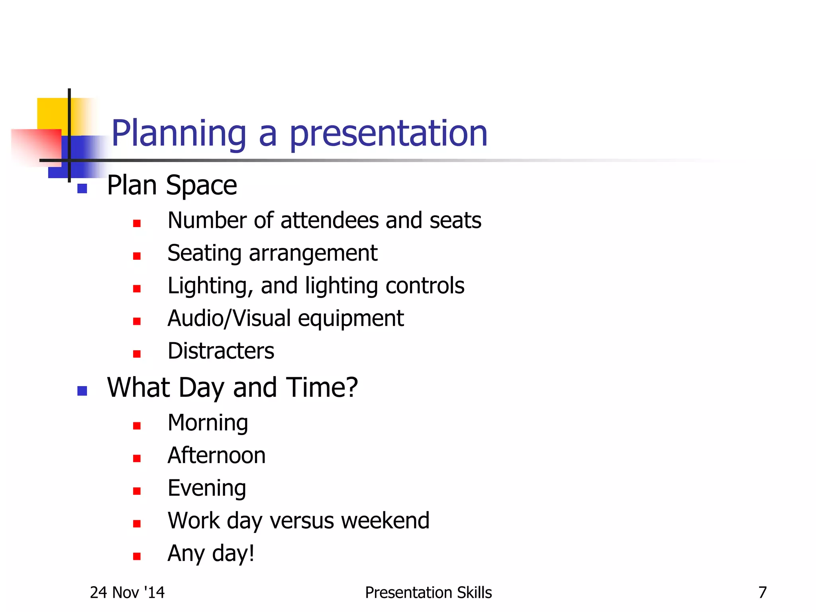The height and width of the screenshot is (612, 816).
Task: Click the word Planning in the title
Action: point(178,134)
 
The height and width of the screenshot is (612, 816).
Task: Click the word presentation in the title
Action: point(388,134)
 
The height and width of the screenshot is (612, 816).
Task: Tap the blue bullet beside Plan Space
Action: point(82,188)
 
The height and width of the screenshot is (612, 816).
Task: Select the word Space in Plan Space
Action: point(201,186)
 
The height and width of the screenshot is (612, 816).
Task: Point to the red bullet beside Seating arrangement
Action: point(137,256)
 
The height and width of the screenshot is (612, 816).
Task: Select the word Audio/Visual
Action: point(229,319)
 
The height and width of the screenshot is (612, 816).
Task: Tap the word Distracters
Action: point(221,351)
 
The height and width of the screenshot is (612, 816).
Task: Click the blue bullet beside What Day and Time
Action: point(82,391)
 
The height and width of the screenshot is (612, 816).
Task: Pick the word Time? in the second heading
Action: point(322,388)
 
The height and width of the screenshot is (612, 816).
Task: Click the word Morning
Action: point(208,423)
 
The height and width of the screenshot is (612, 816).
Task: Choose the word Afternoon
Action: point(216,455)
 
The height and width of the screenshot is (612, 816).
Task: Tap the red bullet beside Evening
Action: point(137,491)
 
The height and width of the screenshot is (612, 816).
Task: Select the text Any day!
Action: point(211,554)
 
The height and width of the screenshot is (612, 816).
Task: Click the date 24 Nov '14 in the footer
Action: point(127,593)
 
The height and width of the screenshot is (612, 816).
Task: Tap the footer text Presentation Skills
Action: point(428,593)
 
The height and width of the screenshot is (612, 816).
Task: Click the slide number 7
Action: point(762,593)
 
